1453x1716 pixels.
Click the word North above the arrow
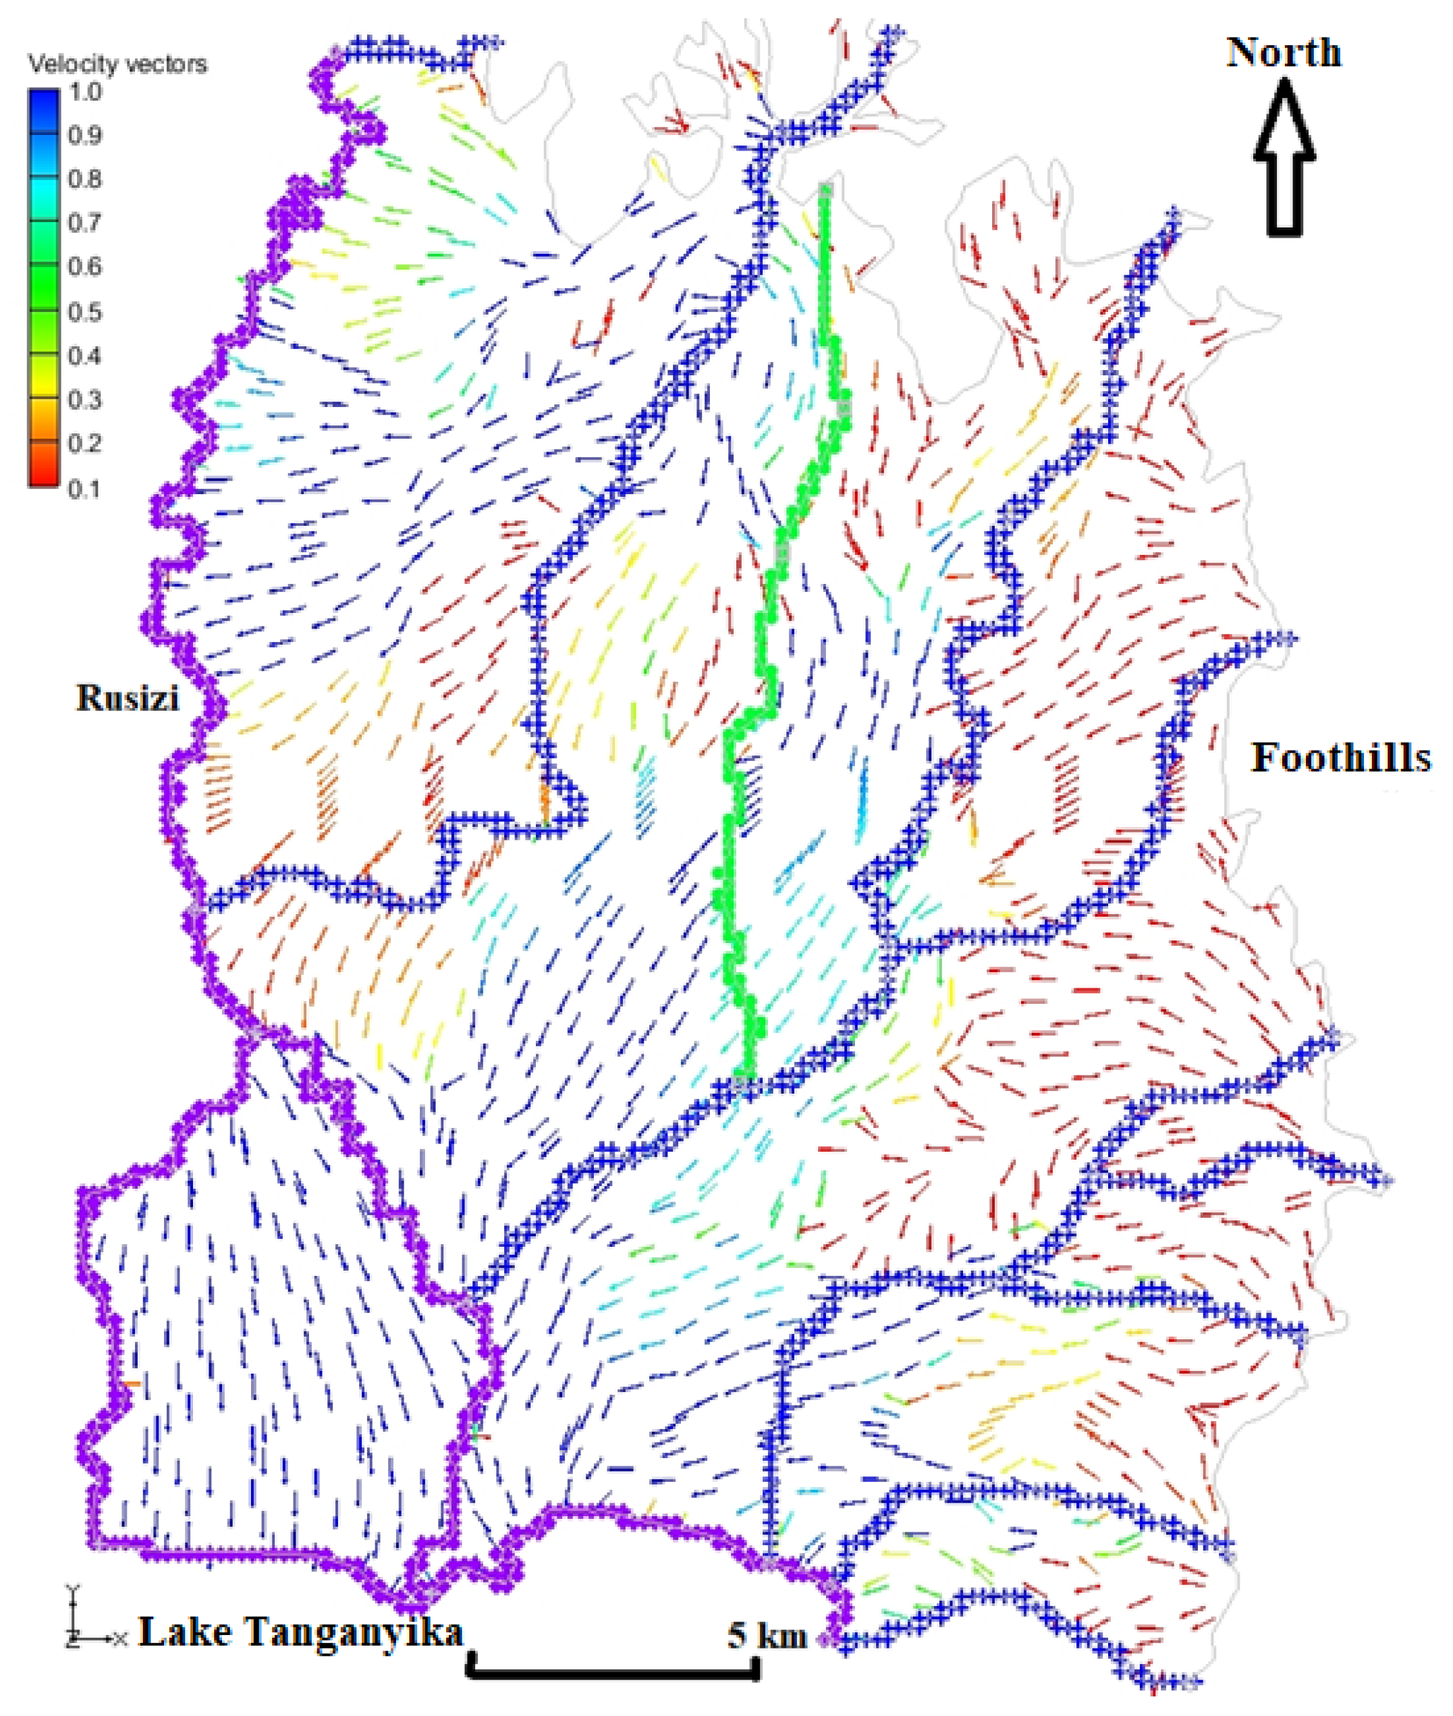pos(1284,53)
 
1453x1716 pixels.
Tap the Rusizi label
pos(128,698)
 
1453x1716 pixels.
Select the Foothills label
pos(1341,757)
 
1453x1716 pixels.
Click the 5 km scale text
pos(766,1634)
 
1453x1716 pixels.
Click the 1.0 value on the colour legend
pos(86,91)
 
